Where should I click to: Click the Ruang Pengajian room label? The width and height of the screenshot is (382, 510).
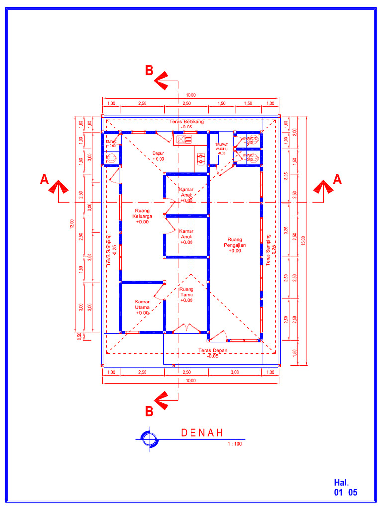[235, 245]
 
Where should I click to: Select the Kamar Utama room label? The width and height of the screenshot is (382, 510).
[142, 307]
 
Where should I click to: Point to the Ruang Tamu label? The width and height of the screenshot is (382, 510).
[187, 295]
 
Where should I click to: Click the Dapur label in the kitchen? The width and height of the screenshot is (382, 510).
[158, 156]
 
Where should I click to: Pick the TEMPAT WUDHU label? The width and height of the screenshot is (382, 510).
[221, 148]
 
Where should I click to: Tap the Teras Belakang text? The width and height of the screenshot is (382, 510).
[187, 124]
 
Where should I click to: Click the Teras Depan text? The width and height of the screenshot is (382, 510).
[212, 353]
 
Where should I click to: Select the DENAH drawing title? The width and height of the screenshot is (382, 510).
[201, 433]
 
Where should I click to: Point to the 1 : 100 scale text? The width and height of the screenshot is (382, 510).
[234, 444]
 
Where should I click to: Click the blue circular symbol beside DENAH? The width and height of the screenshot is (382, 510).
[149, 438]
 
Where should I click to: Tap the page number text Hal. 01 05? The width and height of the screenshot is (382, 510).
[345, 488]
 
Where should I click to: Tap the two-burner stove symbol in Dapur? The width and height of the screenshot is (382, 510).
[201, 159]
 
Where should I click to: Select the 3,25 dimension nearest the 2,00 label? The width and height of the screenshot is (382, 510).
[286, 176]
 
